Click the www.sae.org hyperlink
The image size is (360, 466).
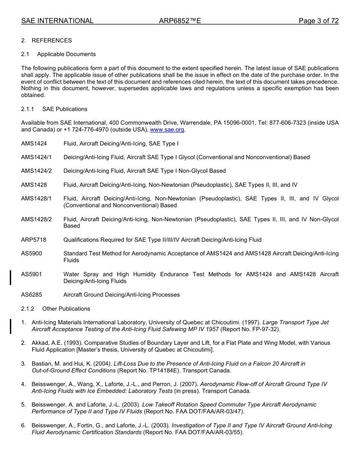click(167, 130)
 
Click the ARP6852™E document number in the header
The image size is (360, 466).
click(180, 21)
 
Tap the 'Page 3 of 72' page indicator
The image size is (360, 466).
click(318, 21)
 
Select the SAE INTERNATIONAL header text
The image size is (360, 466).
click(57, 21)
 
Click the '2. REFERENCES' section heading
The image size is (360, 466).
click(47, 41)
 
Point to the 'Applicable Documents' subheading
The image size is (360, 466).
click(66, 54)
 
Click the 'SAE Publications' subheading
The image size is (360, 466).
click(65, 109)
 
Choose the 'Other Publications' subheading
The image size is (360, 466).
click(66, 309)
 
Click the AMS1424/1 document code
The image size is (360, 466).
click(36, 157)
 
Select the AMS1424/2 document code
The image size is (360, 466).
click(36, 171)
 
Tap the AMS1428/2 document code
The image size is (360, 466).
click(36, 219)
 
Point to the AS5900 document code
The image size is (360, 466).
click(31, 253)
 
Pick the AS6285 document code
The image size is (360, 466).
click(31, 295)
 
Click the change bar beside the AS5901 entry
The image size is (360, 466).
click(11, 277)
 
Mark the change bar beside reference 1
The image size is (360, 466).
click(11, 326)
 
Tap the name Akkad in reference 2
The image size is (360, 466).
click(40, 343)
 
